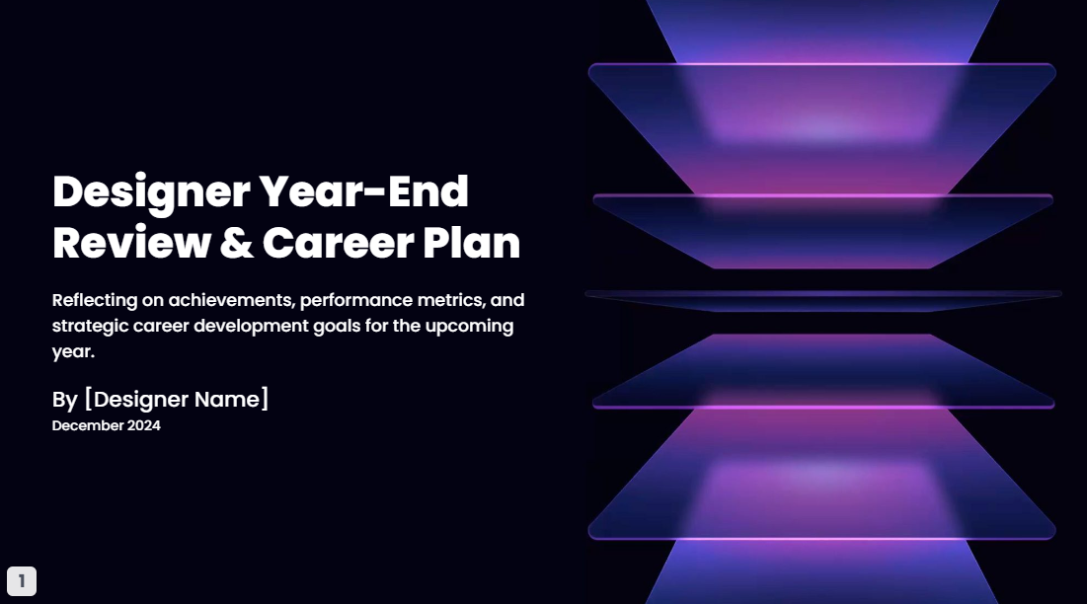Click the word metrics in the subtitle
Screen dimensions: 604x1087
click(x=450, y=299)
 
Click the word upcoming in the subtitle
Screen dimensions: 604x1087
click(x=470, y=326)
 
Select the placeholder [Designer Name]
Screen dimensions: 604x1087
click(x=177, y=400)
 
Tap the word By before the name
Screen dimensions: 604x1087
click(x=64, y=400)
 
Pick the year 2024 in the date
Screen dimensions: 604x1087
click(x=143, y=426)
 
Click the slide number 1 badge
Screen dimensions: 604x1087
click(x=22, y=581)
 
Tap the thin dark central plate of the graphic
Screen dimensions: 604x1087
click(x=822, y=295)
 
